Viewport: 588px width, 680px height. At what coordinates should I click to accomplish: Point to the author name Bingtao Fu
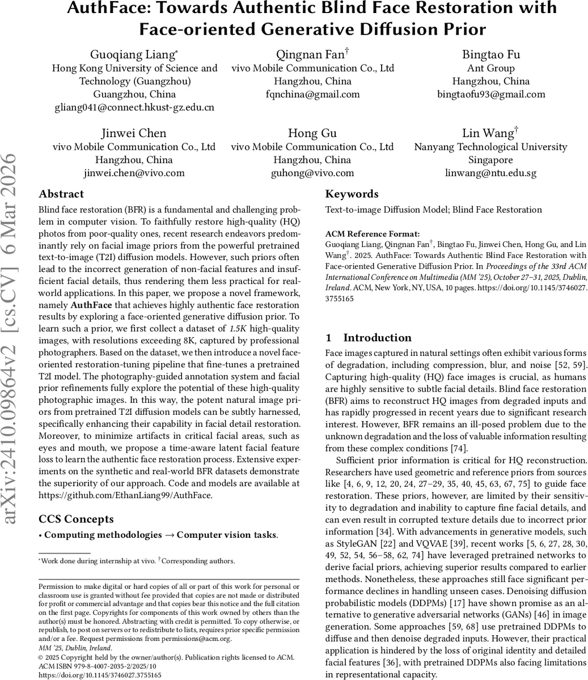(x=491, y=54)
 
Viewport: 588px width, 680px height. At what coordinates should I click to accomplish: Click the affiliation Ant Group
(x=491, y=68)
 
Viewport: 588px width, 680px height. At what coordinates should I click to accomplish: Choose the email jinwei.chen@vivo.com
(x=134, y=173)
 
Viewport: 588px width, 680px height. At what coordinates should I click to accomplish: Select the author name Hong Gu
(x=312, y=133)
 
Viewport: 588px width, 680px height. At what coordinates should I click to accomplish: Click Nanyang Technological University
(x=491, y=147)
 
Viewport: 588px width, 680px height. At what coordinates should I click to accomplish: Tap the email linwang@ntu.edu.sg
(x=491, y=173)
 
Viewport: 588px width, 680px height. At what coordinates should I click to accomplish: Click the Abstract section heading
(x=61, y=194)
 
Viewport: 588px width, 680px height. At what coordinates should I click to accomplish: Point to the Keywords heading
(x=352, y=194)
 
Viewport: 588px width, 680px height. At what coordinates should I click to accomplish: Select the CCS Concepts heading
(x=76, y=519)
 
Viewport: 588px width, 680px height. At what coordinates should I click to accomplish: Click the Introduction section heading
(x=377, y=338)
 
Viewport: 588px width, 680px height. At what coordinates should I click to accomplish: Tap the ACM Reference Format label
(x=373, y=233)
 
